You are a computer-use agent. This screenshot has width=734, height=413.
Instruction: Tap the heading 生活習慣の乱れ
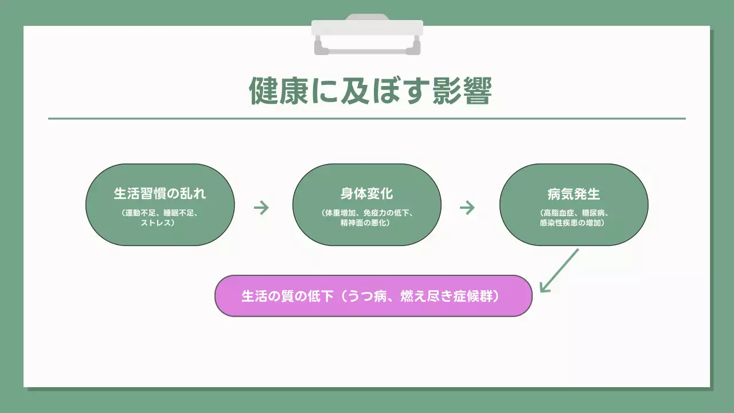click(x=160, y=193)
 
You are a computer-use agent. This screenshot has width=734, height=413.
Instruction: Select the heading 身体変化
click(x=367, y=193)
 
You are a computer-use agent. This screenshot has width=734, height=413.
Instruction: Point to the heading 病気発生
click(x=573, y=193)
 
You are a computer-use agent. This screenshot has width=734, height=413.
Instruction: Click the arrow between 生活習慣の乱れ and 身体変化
click(x=261, y=208)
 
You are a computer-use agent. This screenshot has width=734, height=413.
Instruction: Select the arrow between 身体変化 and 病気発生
click(x=467, y=208)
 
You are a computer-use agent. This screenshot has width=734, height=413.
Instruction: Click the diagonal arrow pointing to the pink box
click(x=559, y=271)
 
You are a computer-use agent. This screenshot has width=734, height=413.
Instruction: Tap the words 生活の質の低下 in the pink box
click(x=287, y=297)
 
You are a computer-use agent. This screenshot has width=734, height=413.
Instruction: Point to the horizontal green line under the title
click(x=367, y=119)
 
